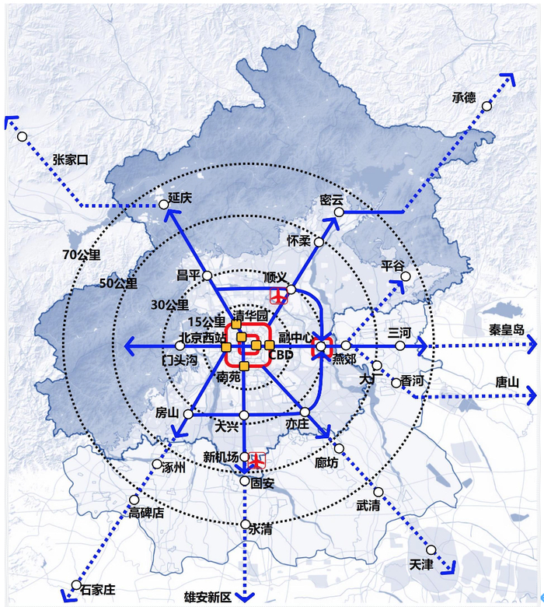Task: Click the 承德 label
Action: click(463, 97)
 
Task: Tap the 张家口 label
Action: click(71, 160)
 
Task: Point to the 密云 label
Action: click(332, 200)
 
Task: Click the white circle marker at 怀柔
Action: click(319, 241)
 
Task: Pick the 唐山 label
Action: click(509, 383)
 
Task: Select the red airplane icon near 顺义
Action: click(277, 296)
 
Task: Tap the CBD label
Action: click(281, 356)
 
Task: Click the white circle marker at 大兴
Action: click(244, 415)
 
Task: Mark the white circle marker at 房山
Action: click(188, 415)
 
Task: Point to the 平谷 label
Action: click(393, 266)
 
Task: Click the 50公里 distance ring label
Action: click(118, 283)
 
